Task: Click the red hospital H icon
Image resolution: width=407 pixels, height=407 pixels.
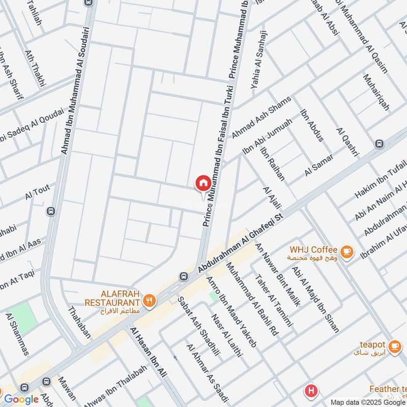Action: pyautogui.click(x=310, y=391)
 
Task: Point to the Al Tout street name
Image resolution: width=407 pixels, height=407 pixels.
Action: pyautogui.click(x=37, y=193)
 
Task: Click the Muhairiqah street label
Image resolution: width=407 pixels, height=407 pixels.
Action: pyautogui.click(x=376, y=92)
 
